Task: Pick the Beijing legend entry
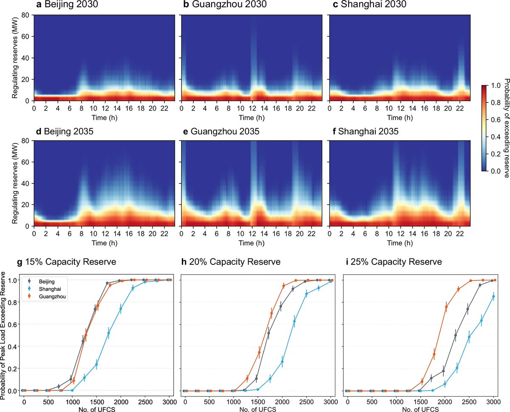pos(45,281)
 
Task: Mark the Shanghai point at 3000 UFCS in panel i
pos(493,297)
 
